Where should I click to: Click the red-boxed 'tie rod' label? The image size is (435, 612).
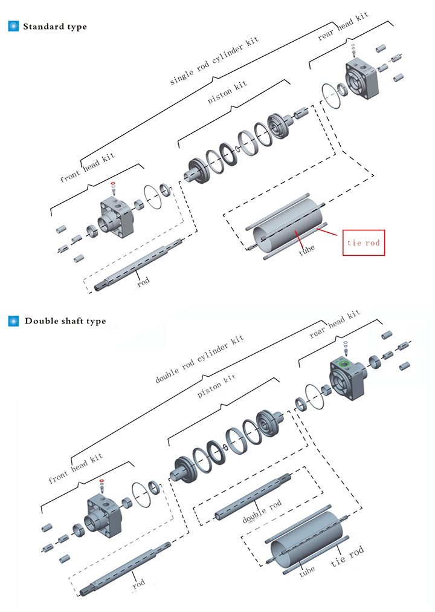(x=364, y=243)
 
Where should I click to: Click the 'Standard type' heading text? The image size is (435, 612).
(x=55, y=27)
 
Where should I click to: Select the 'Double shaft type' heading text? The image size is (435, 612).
(x=65, y=321)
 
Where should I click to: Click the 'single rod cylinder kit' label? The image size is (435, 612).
(x=214, y=60)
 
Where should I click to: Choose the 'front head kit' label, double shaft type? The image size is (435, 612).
(x=76, y=469)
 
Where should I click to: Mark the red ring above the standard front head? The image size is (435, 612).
(x=112, y=183)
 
